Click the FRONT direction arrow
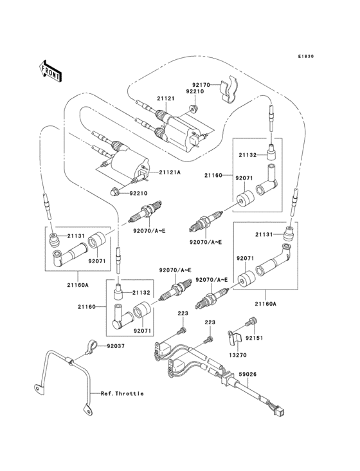click(x=51, y=69)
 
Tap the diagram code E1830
click(x=305, y=57)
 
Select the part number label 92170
click(x=201, y=84)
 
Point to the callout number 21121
click(x=166, y=98)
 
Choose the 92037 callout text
click(x=116, y=346)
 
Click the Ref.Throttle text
click(x=122, y=393)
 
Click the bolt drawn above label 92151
click(x=252, y=322)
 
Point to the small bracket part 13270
click(x=235, y=337)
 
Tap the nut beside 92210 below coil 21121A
click(x=114, y=191)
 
